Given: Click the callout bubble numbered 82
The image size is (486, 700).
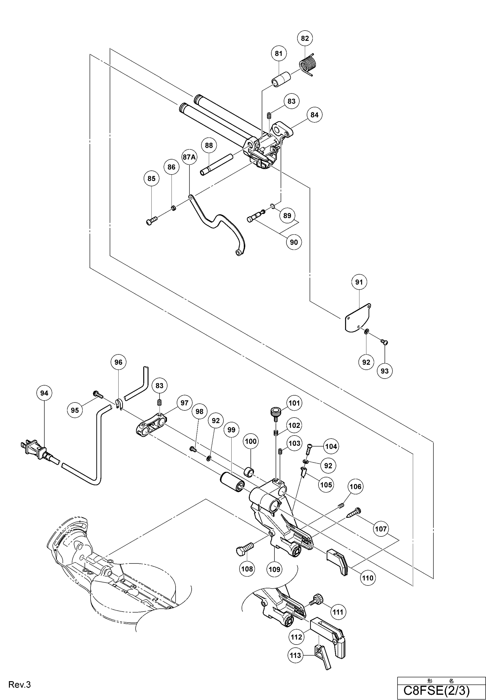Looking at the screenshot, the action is point(305,38).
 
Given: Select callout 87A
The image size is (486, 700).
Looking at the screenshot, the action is point(189,157).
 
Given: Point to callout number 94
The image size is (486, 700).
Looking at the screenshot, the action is point(44,393).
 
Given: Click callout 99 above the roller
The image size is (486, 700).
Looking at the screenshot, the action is point(231,430).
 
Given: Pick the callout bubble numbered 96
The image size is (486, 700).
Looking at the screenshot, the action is point(118,362).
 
